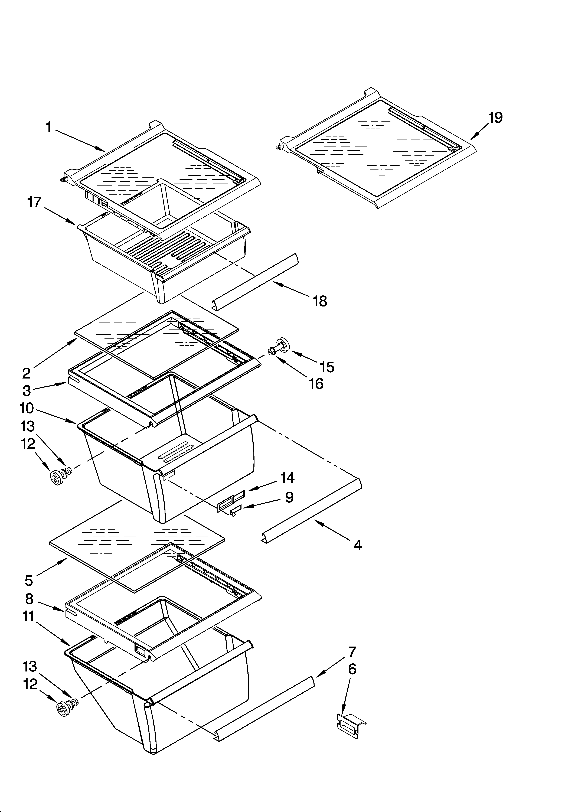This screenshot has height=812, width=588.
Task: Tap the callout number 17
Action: (x=35, y=203)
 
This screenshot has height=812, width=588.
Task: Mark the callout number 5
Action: (x=29, y=581)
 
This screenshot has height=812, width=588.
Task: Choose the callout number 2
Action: (x=27, y=373)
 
